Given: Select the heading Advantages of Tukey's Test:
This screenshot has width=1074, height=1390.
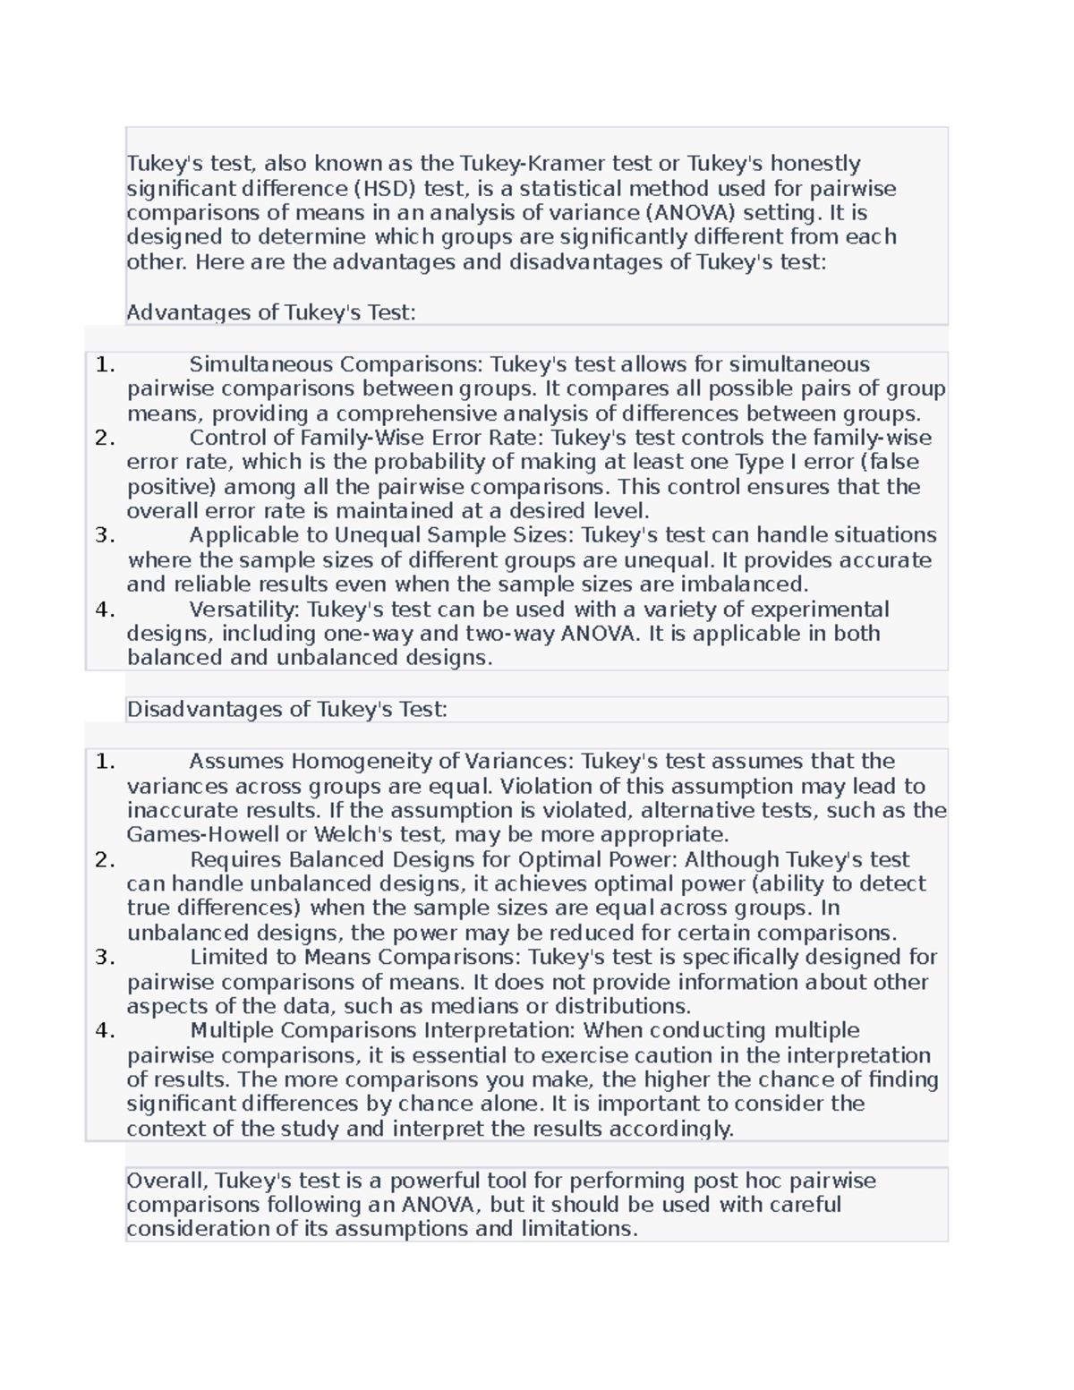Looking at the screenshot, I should click(271, 312).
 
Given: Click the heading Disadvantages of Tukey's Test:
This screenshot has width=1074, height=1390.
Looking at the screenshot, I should click(286, 710).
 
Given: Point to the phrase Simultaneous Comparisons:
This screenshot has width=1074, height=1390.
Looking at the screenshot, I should click(336, 364).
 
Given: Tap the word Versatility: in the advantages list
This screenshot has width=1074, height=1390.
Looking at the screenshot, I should click(245, 610).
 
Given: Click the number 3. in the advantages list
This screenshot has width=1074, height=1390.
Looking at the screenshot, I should click(105, 535).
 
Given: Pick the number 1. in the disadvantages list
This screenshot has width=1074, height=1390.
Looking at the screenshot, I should click(105, 762).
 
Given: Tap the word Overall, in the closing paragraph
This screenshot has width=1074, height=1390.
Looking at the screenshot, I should click(167, 1181).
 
